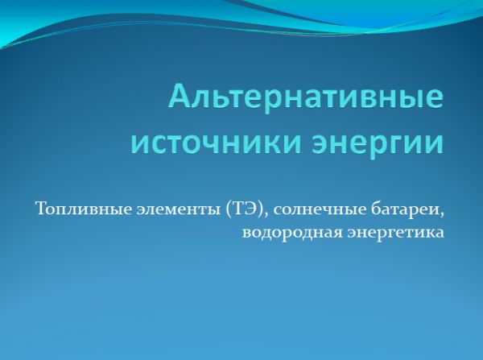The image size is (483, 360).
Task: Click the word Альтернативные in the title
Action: click(x=306, y=96)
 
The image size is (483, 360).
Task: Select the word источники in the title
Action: click(x=215, y=143)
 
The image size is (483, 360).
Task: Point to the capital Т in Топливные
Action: click(x=43, y=209)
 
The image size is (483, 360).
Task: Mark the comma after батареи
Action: click(x=442, y=215)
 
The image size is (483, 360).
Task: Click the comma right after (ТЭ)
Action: click(x=267, y=215)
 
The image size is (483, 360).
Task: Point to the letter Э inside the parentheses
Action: click(x=252, y=209)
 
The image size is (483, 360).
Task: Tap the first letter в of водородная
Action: click(x=247, y=234)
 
